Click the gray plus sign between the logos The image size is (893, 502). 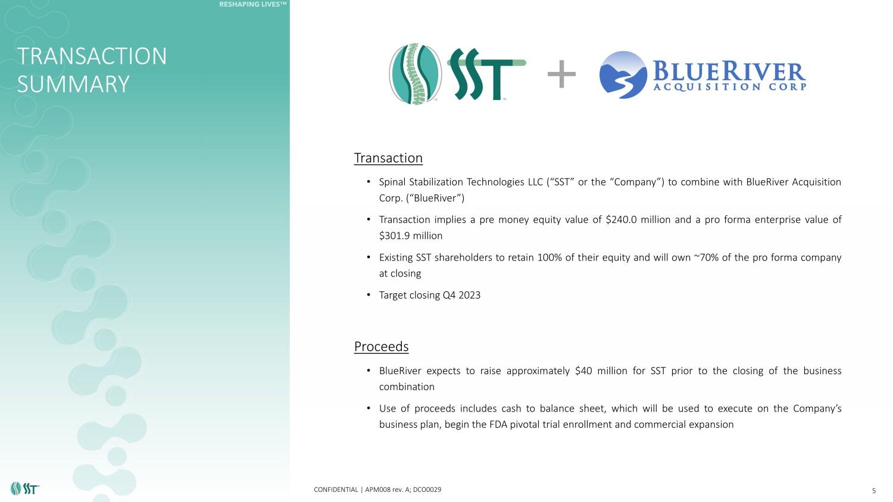tap(561, 74)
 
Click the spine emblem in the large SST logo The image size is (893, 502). tap(416, 74)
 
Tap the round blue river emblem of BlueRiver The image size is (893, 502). tap(623, 75)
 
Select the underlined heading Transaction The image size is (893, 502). tap(388, 158)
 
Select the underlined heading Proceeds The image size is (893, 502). tap(381, 346)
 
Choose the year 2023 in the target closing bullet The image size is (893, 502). tap(470, 295)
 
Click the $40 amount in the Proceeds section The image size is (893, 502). tap(583, 371)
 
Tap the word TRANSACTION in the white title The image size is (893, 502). tap(92, 56)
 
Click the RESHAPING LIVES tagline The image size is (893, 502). tap(253, 4)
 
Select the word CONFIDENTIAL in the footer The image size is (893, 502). tap(336, 490)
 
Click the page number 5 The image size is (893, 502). tap(874, 491)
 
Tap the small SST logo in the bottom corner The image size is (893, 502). tap(25, 488)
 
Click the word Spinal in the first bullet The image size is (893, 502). tap(392, 182)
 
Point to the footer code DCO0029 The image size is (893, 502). tap(427, 490)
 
